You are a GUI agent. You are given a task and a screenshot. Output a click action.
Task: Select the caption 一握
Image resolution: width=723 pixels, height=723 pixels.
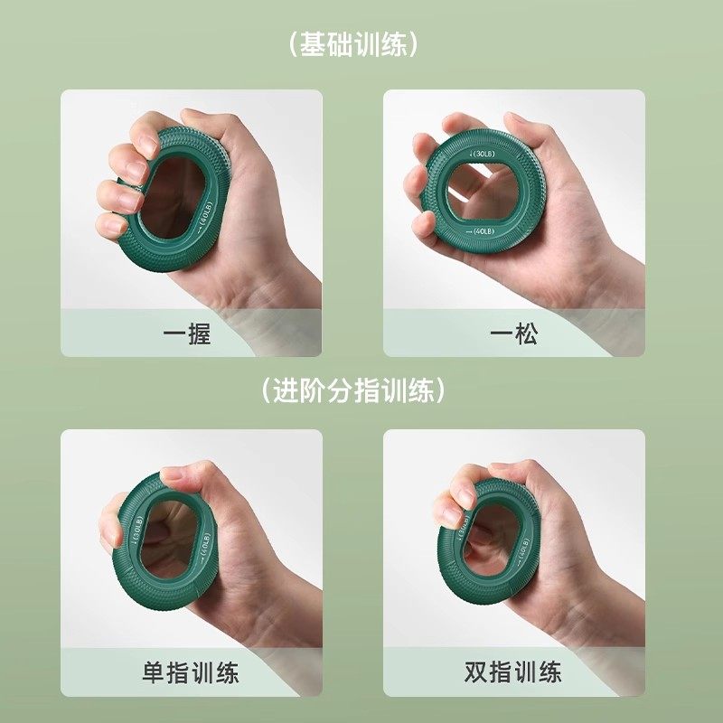[187, 333]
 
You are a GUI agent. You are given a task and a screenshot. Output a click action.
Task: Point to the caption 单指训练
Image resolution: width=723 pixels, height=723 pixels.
[191, 672]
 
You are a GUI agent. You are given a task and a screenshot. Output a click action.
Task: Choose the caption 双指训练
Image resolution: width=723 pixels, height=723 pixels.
[513, 672]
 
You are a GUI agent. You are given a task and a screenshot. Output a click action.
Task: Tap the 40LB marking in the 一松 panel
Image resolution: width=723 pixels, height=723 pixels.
[479, 232]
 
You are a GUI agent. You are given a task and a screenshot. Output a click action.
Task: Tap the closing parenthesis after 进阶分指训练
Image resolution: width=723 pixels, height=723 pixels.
[441, 390]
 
